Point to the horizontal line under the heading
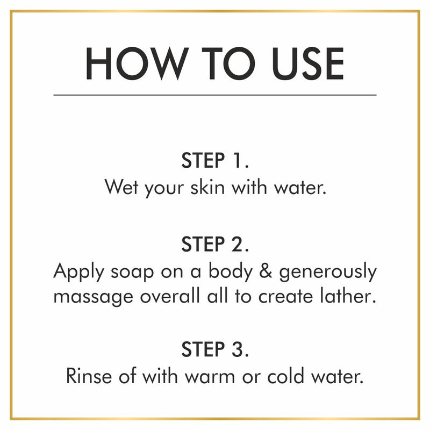(x=215, y=95)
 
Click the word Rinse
(x=85, y=375)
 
